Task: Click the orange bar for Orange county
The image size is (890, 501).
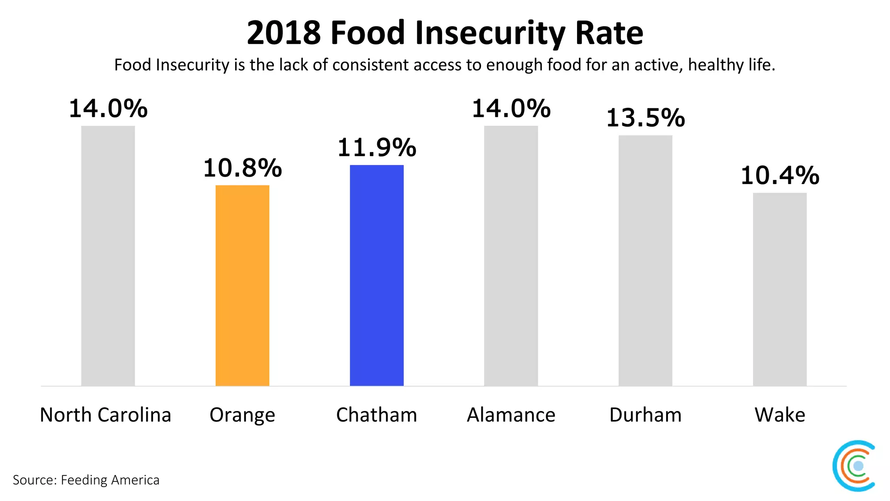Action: tap(242, 285)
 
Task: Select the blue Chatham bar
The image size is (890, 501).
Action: tap(376, 275)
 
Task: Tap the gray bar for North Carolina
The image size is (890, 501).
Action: tap(108, 256)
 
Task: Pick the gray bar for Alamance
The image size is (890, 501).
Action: tap(511, 256)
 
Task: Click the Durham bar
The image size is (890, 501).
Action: tap(645, 261)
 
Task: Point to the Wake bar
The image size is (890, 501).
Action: tap(780, 289)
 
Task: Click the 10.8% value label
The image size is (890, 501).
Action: tap(242, 168)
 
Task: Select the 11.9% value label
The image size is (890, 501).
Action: tap(376, 148)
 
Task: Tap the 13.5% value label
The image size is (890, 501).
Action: tap(645, 118)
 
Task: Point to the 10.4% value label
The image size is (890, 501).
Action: tap(780, 176)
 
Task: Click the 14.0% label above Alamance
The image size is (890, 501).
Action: tap(511, 109)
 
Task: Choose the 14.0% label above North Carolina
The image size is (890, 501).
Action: tap(108, 109)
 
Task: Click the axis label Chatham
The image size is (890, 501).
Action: tap(376, 415)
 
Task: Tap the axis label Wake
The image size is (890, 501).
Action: tap(780, 415)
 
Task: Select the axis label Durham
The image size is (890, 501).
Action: tap(645, 415)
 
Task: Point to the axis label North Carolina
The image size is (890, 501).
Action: tap(106, 415)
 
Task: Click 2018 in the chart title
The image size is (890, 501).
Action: tap(283, 33)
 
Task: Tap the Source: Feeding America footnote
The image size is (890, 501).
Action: tap(86, 480)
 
